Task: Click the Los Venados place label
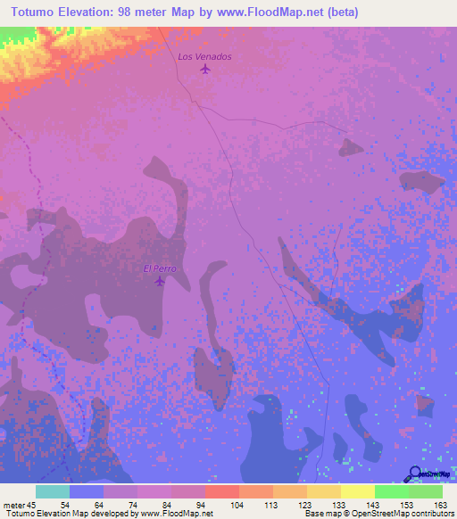click(x=204, y=56)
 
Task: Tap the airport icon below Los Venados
click(x=206, y=69)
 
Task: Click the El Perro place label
click(x=160, y=268)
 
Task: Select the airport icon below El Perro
click(x=160, y=282)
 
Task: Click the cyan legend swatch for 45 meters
click(x=53, y=491)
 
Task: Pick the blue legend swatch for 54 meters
click(x=87, y=491)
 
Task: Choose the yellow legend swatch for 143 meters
click(x=357, y=491)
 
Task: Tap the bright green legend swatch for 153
click(x=391, y=491)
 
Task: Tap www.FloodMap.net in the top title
click(x=269, y=11)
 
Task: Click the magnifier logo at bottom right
click(x=415, y=474)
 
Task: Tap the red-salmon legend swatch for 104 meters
click(x=221, y=491)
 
